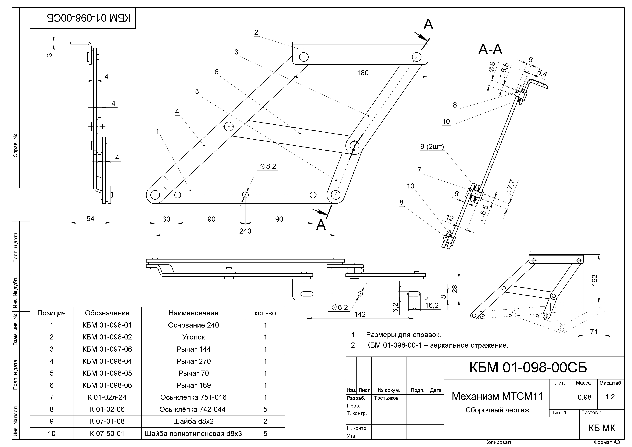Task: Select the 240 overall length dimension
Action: click(245, 231)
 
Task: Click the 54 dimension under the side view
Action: click(90, 219)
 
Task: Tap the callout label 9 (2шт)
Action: click(432, 147)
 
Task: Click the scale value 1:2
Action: click(610, 397)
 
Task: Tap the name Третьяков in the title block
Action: click(386, 398)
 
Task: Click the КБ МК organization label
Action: click(602, 428)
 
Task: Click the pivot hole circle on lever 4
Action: click(229, 127)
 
